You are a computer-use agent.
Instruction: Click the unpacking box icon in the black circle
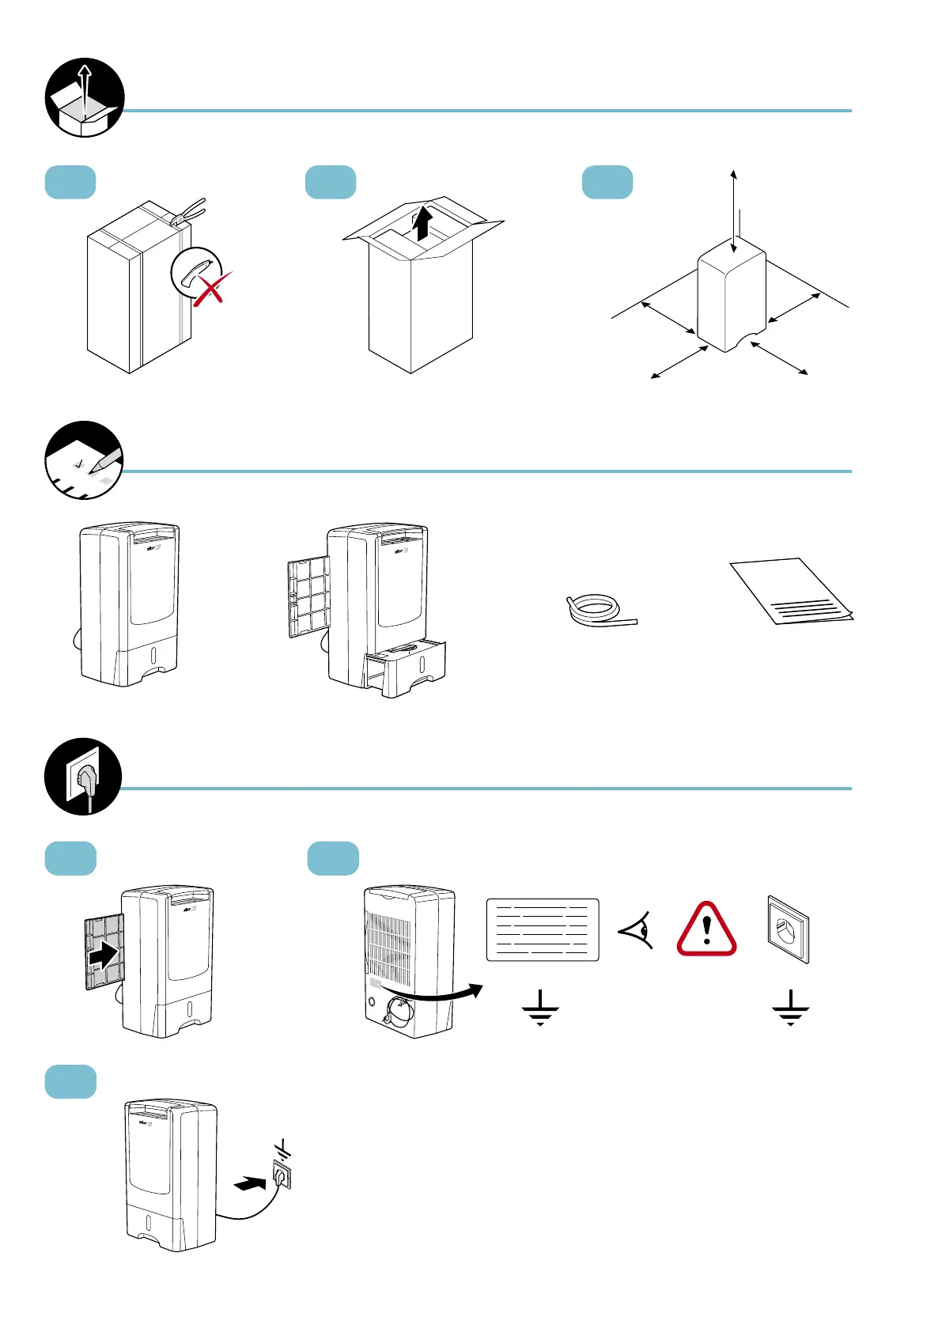pos(85,97)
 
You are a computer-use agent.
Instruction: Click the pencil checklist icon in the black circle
pos(84,460)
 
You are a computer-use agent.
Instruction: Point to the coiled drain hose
pos(597,611)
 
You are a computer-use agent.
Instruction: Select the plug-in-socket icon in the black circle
pos(83,777)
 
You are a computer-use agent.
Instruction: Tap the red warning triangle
pos(706,929)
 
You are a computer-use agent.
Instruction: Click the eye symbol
pos(637,929)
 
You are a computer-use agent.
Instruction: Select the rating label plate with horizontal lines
pos(543,929)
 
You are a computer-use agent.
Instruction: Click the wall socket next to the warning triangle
pos(789,929)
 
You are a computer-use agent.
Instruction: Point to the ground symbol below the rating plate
pos(540,1008)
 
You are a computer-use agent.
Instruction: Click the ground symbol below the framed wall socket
pos(790,1008)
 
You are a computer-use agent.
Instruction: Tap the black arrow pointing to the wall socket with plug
pos(251,1183)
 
